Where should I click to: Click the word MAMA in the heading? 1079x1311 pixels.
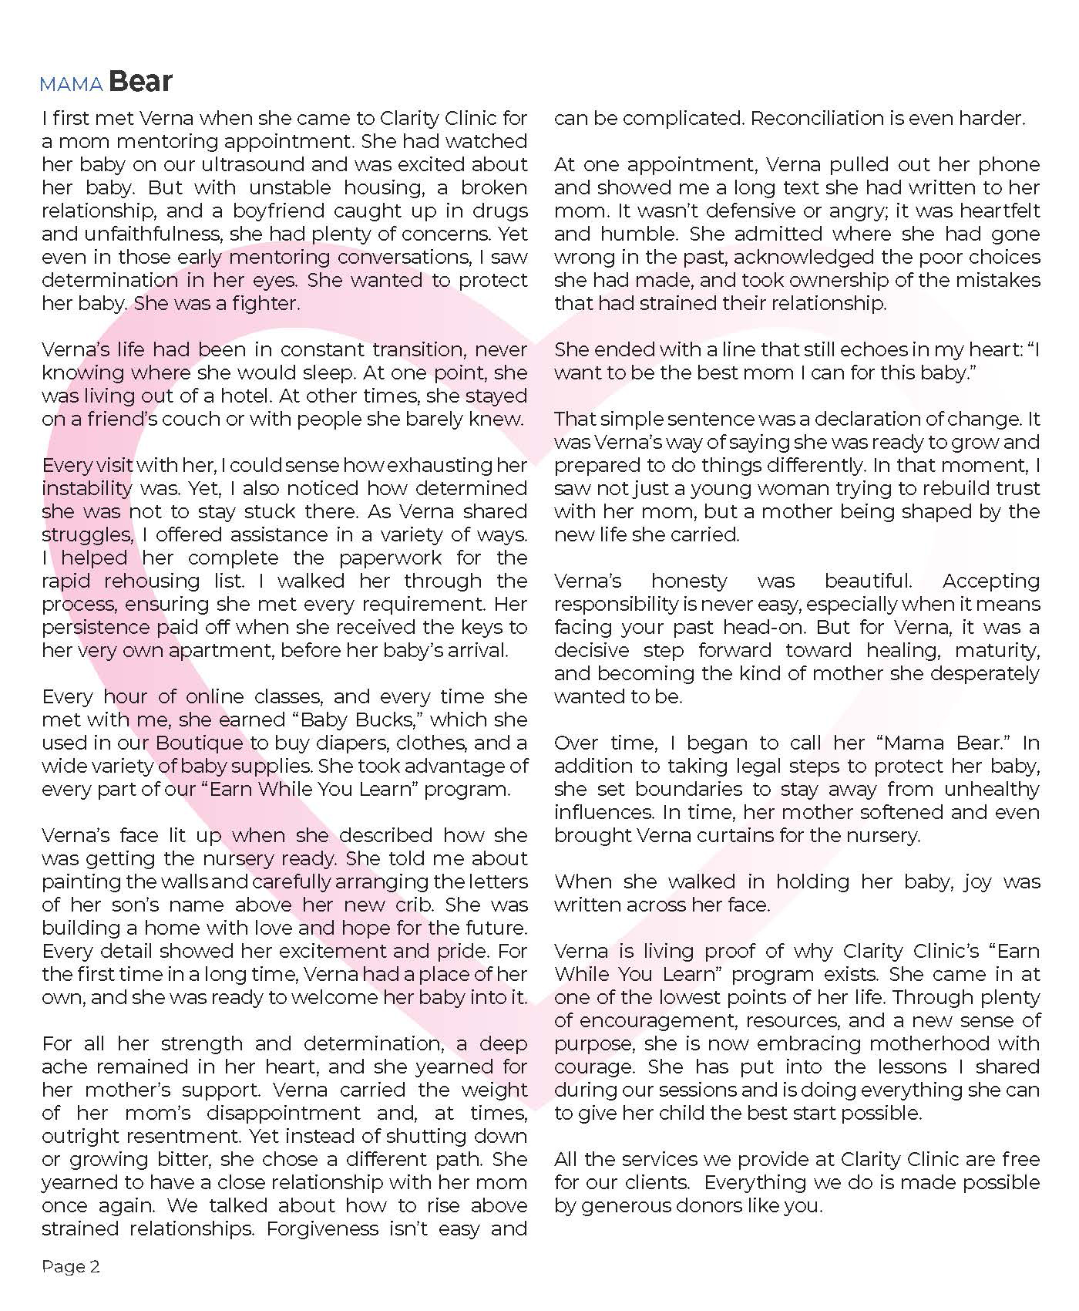[72, 84]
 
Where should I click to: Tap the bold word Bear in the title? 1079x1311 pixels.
[140, 82]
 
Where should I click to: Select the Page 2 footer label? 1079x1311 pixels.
[71, 1266]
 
